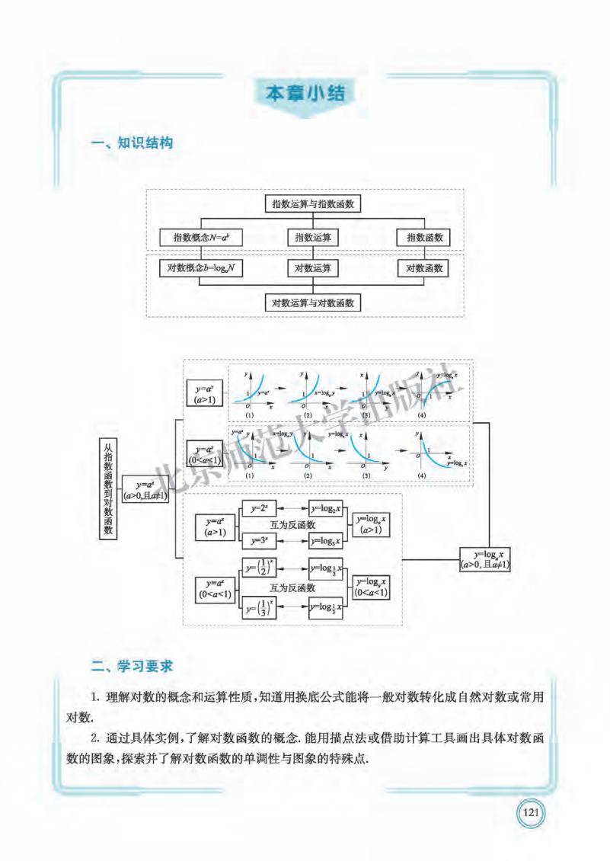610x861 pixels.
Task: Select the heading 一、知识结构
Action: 132,143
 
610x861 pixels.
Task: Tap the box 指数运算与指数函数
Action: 311,204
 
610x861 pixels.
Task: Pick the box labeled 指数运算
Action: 313,238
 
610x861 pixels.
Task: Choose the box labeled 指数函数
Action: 423,238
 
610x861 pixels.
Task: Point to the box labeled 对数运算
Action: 313,268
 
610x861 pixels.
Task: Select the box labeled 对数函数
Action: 423,268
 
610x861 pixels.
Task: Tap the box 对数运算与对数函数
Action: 313,302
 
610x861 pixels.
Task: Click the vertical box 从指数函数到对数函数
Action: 108,488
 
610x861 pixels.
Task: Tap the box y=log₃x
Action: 326,541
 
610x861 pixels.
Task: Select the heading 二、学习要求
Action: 132,666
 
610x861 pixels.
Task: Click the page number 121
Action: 531,813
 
